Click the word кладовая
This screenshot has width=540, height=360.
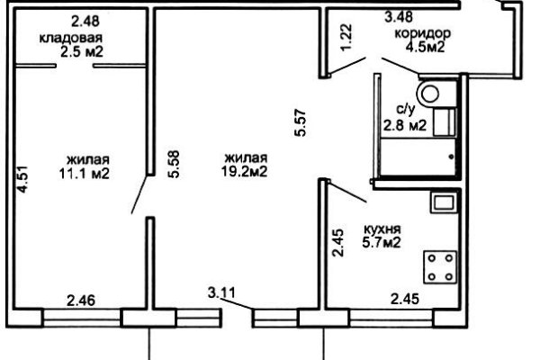(x=71, y=38)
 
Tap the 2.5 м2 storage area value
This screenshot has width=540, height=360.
(x=82, y=52)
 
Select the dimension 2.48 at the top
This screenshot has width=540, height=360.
(x=85, y=22)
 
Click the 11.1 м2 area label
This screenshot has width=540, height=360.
(x=85, y=174)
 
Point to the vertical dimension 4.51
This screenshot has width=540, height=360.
(x=22, y=179)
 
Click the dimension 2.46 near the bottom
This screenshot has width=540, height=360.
(x=81, y=301)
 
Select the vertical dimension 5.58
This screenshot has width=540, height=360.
(x=174, y=164)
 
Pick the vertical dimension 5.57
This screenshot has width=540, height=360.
(x=300, y=123)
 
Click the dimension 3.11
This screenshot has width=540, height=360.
(x=222, y=292)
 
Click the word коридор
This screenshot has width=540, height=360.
(x=423, y=34)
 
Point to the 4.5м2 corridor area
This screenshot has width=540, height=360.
(x=425, y=47)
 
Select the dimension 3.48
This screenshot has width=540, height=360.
(x=399, y=17)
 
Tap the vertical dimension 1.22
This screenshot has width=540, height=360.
(x=346, y=37)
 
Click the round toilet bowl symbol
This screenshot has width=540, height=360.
(x=429, y=94)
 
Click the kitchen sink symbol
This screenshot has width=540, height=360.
(x=444, y=202)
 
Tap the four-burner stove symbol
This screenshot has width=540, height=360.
(x=440, y=267)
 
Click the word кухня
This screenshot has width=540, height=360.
(x=382, y=229)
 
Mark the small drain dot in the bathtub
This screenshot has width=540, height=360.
(x=451, y=157)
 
